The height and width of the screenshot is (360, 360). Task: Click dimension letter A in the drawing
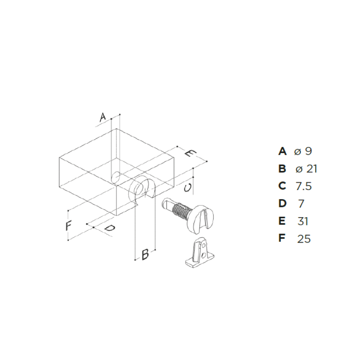103,117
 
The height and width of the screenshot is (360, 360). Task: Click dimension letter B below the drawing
145,254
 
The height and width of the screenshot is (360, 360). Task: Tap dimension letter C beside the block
188,188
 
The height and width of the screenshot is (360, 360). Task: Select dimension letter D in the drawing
110,228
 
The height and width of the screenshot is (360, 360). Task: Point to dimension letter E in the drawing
191,153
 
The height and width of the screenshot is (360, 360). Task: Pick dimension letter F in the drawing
69,225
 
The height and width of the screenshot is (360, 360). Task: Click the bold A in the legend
282,151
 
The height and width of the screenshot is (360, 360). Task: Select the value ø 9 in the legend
303,151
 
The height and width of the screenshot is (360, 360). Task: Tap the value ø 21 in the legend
306,169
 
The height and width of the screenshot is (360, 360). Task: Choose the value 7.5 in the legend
303,186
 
